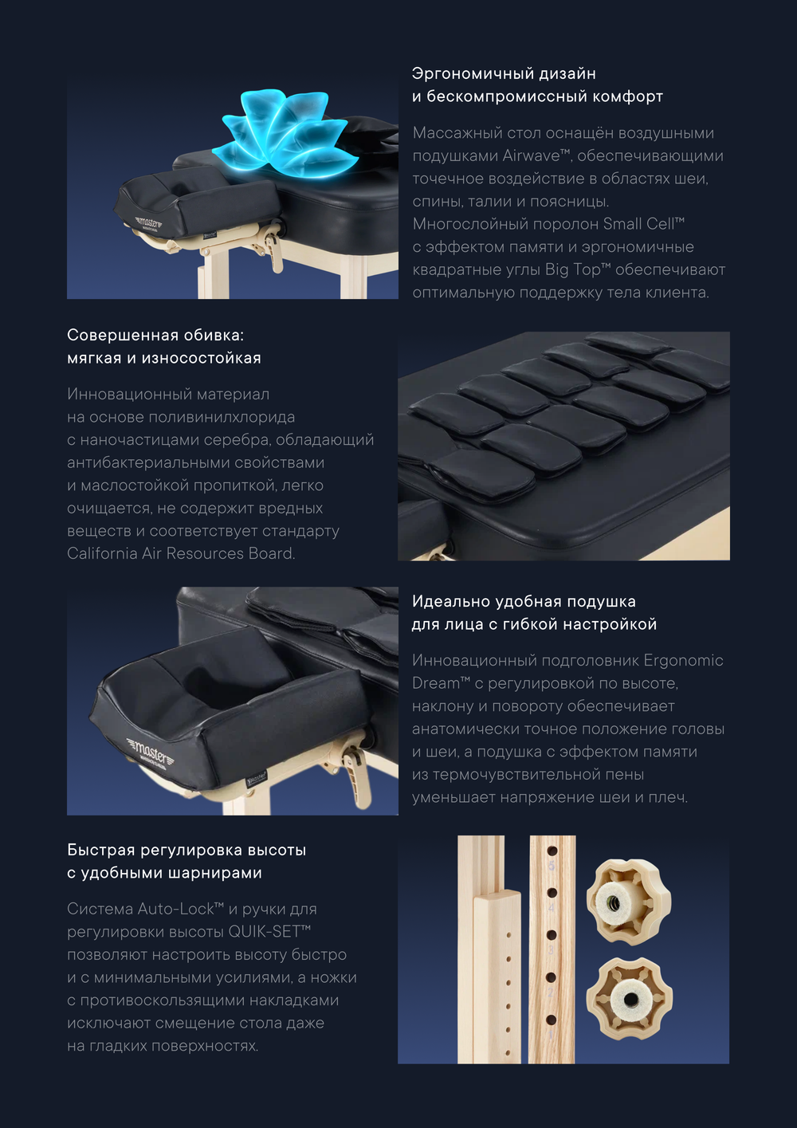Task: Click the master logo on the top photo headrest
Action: pos(149,222)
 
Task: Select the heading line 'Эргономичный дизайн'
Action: pos(504,73)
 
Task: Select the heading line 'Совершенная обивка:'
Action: pos(155,335)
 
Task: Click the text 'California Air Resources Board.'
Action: pos(181,553)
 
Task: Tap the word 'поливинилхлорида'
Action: pos(230,417)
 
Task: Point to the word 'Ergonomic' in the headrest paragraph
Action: pos(683,660)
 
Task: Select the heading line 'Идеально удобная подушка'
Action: pos(524,601)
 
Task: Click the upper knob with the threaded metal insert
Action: pos(628,902)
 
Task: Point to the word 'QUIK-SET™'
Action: pos(269,932)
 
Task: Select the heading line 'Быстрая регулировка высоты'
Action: pos(186,850)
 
